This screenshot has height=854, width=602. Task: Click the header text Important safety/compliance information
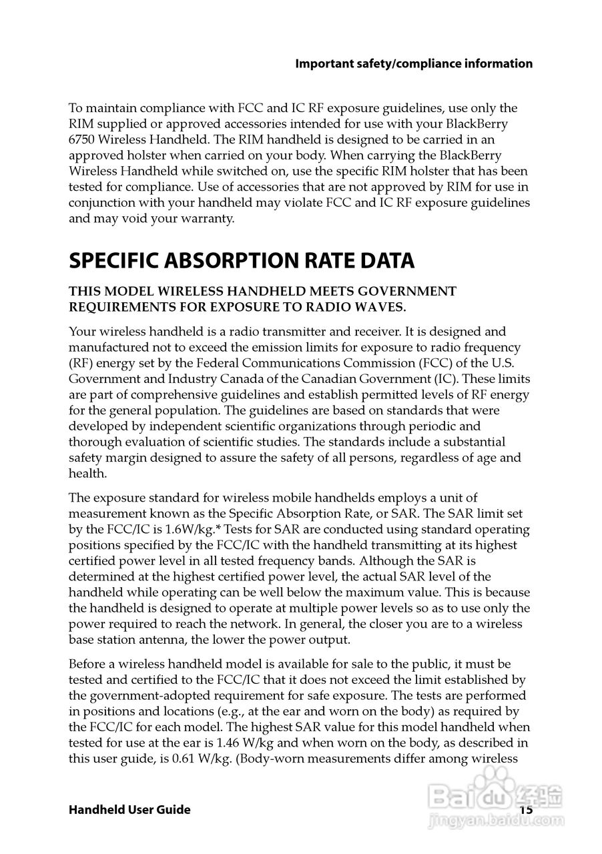[x=414, y=64]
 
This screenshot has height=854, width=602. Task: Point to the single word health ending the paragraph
[x=87, y=474]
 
